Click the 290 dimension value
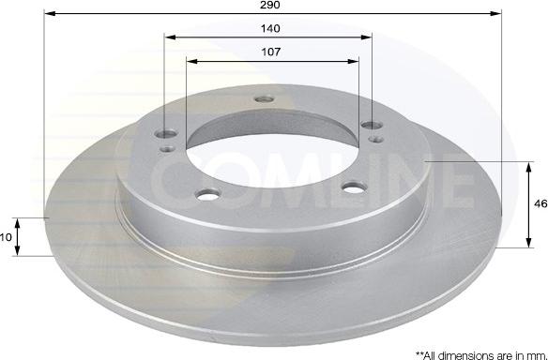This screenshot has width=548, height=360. click(270, 5)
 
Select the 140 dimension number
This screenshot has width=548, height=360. click(270, 28)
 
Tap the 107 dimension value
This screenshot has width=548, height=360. click(271, 52)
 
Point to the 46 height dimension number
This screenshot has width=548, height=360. click(540, 203)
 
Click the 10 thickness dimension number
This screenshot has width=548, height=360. click(6, 237)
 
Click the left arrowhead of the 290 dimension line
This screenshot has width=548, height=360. click(51, 14)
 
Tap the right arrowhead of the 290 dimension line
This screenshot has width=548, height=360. click(495, 14)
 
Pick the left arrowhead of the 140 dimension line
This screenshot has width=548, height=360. click(170, 37)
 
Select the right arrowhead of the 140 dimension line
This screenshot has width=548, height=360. click(366, 37)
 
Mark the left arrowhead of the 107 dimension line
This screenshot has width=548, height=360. click(192, 62)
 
